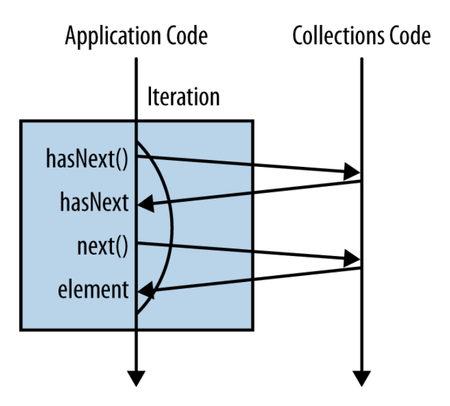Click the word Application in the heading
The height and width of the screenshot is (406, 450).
click(100, 37)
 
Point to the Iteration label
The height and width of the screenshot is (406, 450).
click(183, 97)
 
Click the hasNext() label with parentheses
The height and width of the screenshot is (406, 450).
click(87, 159)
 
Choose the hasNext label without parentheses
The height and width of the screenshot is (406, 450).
click(94, 203)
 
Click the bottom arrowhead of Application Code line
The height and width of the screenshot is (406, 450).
click(136, 378)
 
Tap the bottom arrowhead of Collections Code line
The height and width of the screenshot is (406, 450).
click(361, 378)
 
